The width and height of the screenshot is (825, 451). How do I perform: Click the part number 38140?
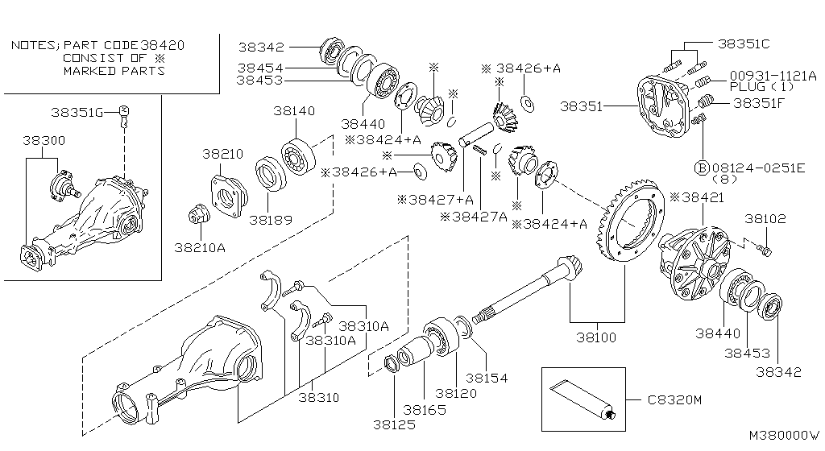[294, 111]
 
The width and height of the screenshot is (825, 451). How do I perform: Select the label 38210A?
[200, 247]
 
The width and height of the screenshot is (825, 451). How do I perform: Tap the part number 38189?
[271, 220]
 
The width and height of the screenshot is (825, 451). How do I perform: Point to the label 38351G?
[77, 113]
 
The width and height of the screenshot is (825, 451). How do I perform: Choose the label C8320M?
[674, 400]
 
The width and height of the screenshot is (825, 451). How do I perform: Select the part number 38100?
[596, 337]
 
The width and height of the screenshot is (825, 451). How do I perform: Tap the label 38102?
[765, 219]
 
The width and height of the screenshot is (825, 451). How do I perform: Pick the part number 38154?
[487, 378]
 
